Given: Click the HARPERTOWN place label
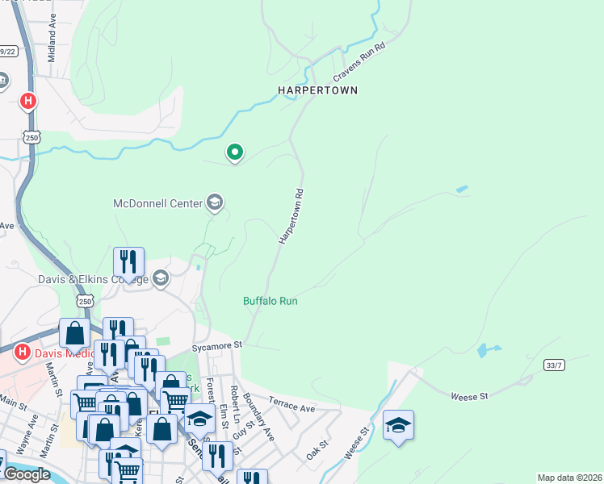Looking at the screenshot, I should tap(317, 90).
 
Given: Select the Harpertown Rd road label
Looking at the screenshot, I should tap(292, 216).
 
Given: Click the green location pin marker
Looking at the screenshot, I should tap(235, 152).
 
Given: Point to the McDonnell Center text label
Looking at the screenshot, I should tap(157, 203).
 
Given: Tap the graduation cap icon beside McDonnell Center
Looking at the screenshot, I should tap(215, 202).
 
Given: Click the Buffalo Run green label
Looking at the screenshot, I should tap(271, 301).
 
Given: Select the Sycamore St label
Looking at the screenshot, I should tap(217, 345).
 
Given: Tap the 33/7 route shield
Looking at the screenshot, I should tap(554, 365).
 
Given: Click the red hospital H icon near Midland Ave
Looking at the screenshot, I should tap(27, 101).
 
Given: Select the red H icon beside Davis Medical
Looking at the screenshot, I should tap(23, 353).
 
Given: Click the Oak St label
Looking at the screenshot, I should tap(317, 444).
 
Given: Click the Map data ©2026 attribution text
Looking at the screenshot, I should tap(569, 478).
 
